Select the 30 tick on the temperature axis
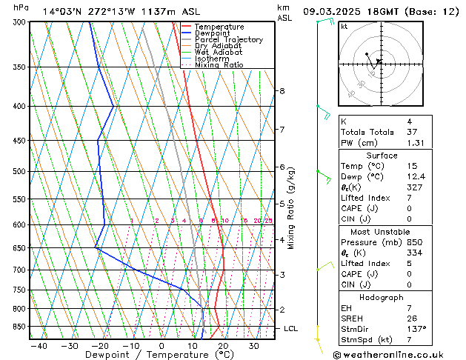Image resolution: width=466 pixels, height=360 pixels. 253,345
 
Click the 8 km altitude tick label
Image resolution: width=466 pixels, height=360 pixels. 282,91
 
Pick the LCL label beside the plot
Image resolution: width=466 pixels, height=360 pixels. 291,328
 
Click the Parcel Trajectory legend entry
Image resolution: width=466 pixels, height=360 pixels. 228,40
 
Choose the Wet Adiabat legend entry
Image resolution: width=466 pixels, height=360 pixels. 218,53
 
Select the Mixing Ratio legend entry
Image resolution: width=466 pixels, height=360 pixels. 219,65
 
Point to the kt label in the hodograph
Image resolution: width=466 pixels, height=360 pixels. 344,26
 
